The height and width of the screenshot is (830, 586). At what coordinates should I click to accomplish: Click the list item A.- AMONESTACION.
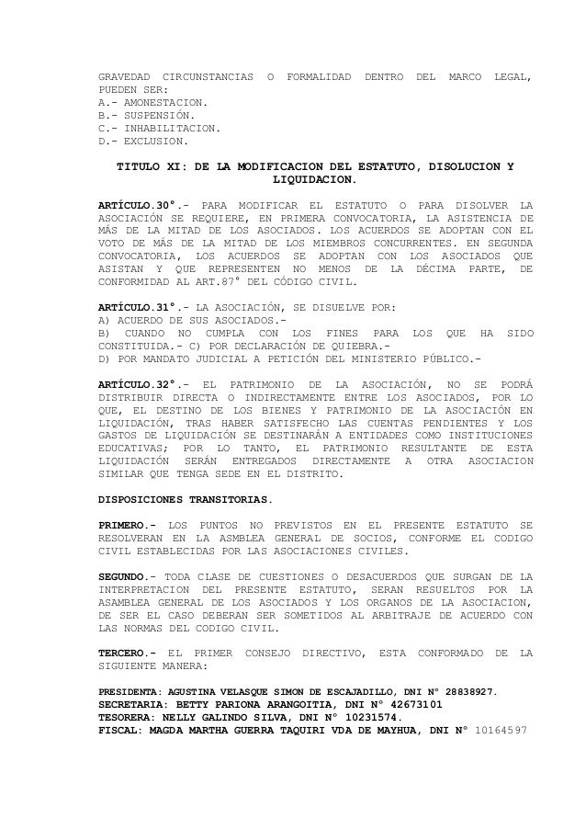tap(152, 103)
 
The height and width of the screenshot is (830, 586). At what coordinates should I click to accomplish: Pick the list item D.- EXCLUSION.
tap(143, 142)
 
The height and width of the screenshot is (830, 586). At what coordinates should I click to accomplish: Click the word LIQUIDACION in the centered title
tap(314, 182)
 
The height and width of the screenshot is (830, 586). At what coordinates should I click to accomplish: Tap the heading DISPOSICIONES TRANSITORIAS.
tap(186, 502)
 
